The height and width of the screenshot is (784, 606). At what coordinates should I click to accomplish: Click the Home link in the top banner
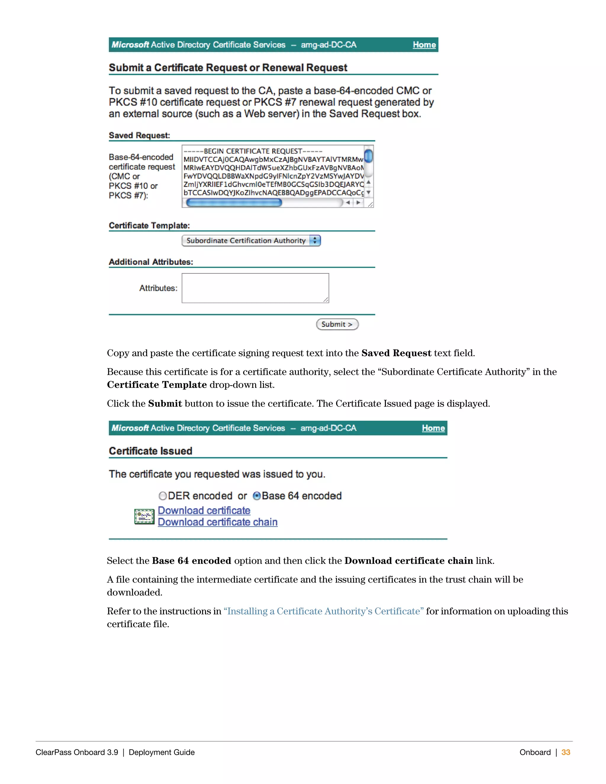point(424,45)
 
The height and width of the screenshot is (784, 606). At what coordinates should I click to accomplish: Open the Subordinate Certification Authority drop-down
point(251,241)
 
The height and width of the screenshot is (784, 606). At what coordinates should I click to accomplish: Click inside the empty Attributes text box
point(255,288)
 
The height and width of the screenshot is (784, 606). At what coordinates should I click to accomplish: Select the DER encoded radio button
point(163,496)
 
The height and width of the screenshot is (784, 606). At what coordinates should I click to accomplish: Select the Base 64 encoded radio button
point(257,496)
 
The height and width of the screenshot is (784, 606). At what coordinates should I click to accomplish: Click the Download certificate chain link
point(217,522)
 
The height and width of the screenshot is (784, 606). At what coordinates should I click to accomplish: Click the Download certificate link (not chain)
point(204,510)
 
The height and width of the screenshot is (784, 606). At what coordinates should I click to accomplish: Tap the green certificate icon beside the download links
point(144,517)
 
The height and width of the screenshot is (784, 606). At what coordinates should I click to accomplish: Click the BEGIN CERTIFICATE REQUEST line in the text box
point(253,151)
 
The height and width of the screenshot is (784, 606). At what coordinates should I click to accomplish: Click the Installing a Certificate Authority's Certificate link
point(323,611)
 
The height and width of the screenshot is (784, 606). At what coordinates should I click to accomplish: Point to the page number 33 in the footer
point(566,752)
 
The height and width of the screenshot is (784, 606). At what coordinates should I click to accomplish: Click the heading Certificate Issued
point(150,451)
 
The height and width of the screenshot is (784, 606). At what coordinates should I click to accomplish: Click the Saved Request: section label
point(139,135)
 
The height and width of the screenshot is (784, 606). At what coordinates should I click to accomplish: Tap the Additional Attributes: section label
point(151,262)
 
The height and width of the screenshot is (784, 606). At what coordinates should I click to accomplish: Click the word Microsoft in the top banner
point(130,45)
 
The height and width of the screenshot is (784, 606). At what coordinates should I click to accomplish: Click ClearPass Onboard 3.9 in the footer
point(77,752)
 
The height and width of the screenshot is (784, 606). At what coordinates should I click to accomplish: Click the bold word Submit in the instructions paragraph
point(165,404)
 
